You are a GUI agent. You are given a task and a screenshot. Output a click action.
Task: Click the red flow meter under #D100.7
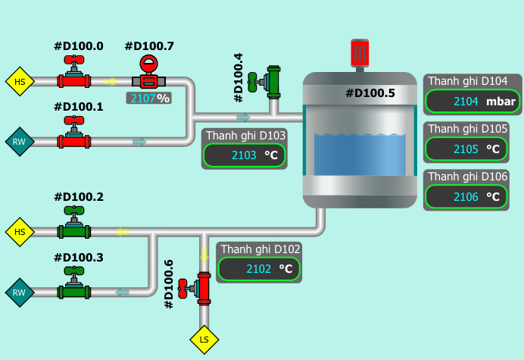tap(149, 74)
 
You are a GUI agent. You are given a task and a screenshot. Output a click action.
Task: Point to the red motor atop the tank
tap(360, 52)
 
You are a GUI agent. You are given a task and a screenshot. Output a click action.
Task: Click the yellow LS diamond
tap(204, 339)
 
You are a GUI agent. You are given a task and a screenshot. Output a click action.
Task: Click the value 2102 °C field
tap(259, 268)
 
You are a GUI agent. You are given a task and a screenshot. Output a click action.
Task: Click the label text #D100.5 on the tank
tap(370, 94)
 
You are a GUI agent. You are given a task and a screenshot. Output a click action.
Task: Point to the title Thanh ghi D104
tap(467, 81)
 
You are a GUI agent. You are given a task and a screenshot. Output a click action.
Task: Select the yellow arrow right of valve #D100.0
tap(111, 81)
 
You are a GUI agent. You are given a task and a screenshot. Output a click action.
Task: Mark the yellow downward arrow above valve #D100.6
tap(204, 254)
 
